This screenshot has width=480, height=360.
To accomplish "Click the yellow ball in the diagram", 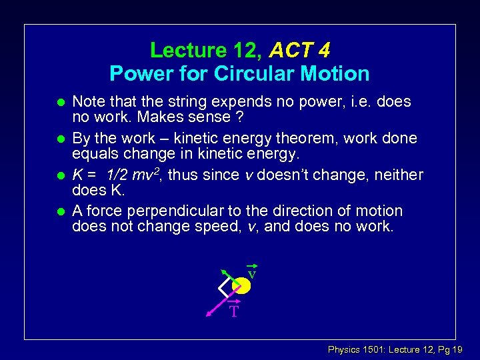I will point(241,285).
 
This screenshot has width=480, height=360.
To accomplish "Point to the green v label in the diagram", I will point(251,273).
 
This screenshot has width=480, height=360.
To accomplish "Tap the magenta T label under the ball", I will point(233,311).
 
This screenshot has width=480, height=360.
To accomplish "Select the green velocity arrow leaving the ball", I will point(227,275).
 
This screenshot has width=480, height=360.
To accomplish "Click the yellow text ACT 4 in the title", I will point(301,50).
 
